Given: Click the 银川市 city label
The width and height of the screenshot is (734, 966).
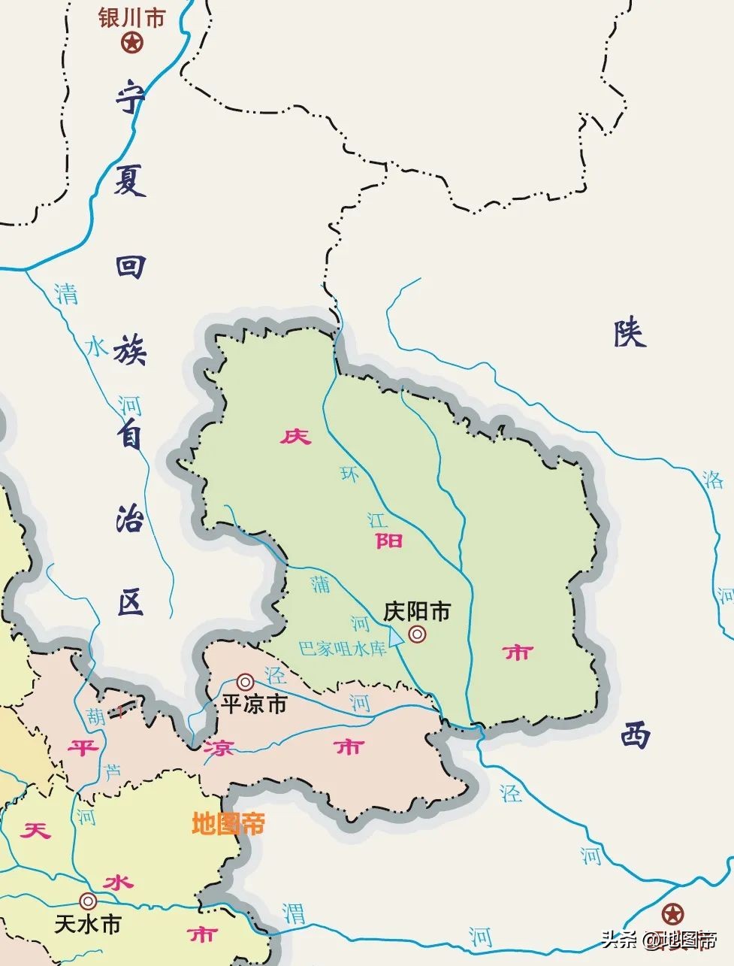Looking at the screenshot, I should coord(131,18).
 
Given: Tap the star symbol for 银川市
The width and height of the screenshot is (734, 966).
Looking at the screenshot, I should coord(132,43).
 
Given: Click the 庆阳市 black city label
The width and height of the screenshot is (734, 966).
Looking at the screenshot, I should coord(416,611).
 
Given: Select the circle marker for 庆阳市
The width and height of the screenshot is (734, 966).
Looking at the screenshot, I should coord(417,635).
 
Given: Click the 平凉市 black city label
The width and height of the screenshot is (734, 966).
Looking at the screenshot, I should coord(254,704).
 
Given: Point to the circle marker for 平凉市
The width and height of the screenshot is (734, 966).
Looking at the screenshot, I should coord(245,682).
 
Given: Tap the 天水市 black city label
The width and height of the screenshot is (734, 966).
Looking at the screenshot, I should coord(88,924).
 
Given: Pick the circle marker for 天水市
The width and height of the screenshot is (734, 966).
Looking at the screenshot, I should coord(89,901).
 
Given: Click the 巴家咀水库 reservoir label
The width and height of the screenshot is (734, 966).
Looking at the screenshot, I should coord(342,648).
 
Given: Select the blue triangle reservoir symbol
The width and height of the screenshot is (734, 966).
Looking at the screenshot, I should coord(395,644).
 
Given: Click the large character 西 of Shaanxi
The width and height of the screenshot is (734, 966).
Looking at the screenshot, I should coord(635,734).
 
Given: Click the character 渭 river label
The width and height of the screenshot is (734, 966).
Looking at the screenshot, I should coord(294,913).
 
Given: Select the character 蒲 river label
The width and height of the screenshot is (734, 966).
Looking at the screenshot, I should coord(321,583).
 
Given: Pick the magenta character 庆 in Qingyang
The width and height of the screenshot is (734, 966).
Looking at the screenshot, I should coord(295,436).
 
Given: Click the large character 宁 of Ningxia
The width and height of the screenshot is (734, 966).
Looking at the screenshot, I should coord(130,99).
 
